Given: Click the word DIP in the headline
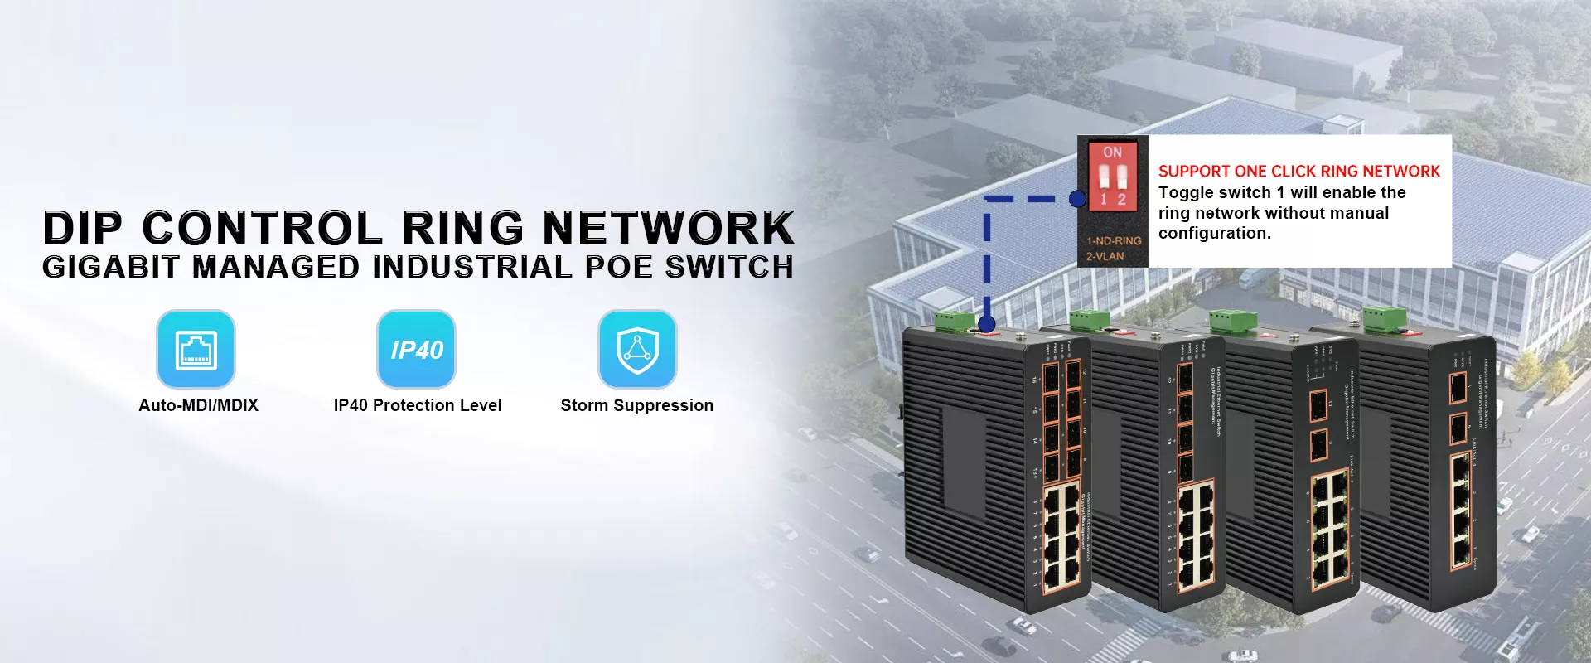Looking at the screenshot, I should pos(82,228).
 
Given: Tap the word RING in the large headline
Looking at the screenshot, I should pos(462,228).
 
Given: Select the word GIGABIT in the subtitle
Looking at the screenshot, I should pos(110,268).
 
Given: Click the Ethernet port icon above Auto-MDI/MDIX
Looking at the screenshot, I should pos(196,349).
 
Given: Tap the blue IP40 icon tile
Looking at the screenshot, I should pos(416,349).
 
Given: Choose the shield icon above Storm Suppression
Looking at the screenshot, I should pos(637,349).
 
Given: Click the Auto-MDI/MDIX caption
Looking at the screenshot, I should pos(198,405).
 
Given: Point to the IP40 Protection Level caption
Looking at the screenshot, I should pos(418,405).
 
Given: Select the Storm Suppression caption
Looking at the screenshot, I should pos(636,405).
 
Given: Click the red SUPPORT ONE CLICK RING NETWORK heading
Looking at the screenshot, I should pos(1298,172).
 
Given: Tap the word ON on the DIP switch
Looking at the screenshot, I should pos(1112,152).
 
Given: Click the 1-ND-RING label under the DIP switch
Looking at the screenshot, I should pos(1114,240).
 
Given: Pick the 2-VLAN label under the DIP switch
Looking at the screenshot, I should pos(1105,256).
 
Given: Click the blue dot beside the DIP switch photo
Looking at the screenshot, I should pos(1077,199).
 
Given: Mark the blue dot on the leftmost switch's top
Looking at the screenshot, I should pos(986,324).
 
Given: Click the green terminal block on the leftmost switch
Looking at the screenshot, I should pos(955,321).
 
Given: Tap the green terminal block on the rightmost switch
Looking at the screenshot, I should pos(1385,317).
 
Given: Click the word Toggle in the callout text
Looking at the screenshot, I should pos(1185,192).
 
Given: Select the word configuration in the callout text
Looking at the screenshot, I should pos(1213,234).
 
